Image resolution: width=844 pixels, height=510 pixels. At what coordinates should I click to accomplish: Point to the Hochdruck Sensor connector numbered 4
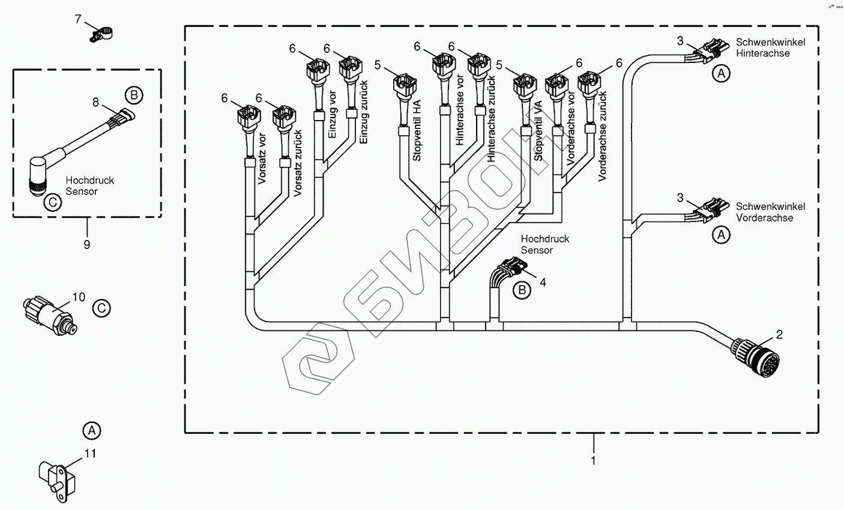click(507, 273)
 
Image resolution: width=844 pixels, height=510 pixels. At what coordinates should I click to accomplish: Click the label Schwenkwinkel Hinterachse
click(771, 47)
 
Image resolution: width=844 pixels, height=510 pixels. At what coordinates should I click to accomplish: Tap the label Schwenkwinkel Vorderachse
click(771, 212)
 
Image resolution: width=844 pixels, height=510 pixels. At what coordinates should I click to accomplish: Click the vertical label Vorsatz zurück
click(297, 163)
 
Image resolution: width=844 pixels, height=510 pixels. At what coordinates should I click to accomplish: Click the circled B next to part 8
click(133, 94)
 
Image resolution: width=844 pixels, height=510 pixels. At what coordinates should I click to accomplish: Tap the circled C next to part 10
click(101, 308)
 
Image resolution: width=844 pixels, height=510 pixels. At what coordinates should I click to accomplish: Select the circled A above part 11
click(91, 430)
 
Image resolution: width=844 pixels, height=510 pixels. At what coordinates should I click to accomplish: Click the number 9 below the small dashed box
click(87, 244)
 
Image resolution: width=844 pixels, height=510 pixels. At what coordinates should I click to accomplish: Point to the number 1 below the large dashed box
click(593, 460)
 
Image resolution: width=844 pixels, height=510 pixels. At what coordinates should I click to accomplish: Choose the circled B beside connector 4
click(522, 290)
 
